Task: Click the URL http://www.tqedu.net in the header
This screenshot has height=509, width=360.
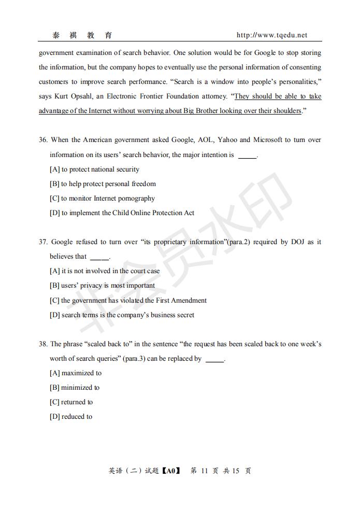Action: (271, 35)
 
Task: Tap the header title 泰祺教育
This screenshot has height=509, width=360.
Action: (82, 35)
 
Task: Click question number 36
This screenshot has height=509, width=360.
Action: (43, 140)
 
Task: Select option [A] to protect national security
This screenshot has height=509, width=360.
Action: (94, 169)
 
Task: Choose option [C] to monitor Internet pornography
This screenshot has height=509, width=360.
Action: (102, 199)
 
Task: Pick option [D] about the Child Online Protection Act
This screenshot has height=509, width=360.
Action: (122, 213)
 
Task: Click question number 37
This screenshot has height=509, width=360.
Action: (43, 242)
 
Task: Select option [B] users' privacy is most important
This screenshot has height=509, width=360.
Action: (102, 286)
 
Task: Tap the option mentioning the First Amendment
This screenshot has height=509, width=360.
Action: (128, 301)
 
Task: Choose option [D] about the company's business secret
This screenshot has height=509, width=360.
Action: (122, 315)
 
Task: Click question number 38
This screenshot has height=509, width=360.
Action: (43, 344)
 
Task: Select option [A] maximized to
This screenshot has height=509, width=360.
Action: (76, 373)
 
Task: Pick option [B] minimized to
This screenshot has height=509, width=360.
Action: (75, 388)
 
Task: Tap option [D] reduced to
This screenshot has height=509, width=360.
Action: (71, 417)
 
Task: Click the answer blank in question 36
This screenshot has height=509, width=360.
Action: (247, 155)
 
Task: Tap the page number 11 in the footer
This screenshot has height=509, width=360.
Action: (204, 471)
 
